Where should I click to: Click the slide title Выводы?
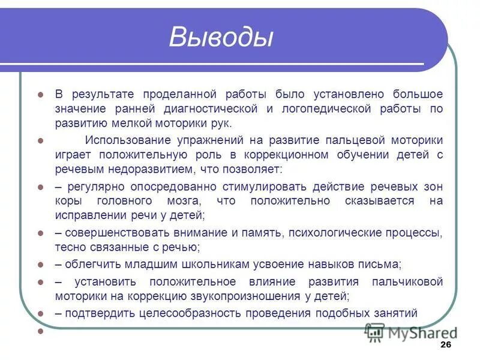coord(221,37)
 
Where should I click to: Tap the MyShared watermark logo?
coord(411,332)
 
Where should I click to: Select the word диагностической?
coord(212,109)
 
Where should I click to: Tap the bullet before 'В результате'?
coord(41,95)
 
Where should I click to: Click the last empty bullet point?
coord(41,331)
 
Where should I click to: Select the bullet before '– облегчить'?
coord(41,265)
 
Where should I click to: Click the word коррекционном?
coord(292,155)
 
